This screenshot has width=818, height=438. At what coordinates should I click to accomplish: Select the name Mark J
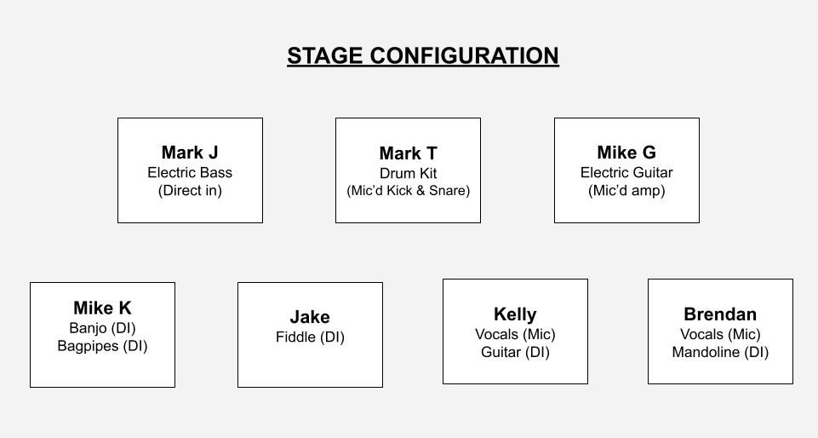click(190, 153)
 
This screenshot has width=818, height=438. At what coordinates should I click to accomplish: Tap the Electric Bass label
click(190, 172)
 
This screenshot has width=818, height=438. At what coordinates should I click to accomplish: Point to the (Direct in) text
click(190, 191)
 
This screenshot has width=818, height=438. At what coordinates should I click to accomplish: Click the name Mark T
click(408, 153)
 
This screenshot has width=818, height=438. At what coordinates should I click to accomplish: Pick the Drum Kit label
click(408, 173)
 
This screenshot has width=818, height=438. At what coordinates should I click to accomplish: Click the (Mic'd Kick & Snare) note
click(408, 191)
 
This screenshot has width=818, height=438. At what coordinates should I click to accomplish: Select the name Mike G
click(626, 153)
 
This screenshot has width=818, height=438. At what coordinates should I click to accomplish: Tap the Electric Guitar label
click(626, 172)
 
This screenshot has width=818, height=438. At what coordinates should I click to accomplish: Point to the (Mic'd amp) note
click(626, 191)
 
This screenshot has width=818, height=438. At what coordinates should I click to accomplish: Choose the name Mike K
click(102, 308)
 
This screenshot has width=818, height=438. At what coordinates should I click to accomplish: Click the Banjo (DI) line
click(102, 328)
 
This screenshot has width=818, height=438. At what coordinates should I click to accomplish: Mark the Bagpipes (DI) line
click(102, 346)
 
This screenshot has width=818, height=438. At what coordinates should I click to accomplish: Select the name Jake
click(310, 317)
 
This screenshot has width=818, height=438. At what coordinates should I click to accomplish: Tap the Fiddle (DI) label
click(310, 337)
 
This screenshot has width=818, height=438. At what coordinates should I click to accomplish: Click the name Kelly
click(515, 314)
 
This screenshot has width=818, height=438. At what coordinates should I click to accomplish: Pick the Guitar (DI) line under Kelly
click(515, 352)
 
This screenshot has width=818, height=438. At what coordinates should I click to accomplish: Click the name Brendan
click(720, 314)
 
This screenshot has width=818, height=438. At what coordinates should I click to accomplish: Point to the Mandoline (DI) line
click(720, 352)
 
